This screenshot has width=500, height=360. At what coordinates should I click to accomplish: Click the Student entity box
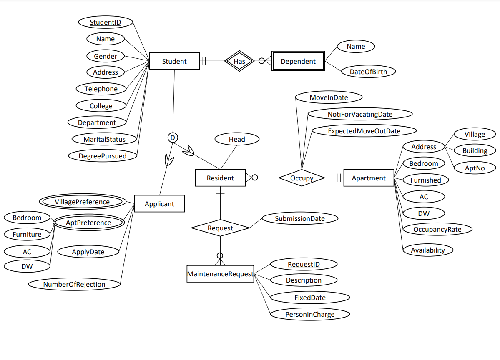pyautogui.click(x=174, y=61)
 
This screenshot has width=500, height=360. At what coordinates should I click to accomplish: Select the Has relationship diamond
pyautogui.click(x=239, y=61)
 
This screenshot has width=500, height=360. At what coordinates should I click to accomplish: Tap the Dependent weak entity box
pyautogui.click(x=298, y=61)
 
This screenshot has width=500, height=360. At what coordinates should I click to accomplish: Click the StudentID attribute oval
pyautogui.click(x=106, y=22)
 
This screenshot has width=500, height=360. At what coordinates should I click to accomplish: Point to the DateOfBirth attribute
pyautogui.click(x=368, y=72)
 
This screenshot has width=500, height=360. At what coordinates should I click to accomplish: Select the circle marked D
pyautogui.click(x=172, y=137)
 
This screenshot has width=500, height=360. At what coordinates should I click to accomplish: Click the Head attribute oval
pyautogui.click(x=237, y=139)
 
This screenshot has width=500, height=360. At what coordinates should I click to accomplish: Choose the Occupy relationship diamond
pyautogui.click(x=302, y=178)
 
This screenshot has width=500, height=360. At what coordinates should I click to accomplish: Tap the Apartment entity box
pyautogui.click(x=369, y=178)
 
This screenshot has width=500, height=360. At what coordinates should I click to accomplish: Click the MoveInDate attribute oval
pyautogui.click(x=329, y=97)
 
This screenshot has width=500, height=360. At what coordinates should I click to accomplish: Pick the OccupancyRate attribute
pyautogui.click(x=437, y=229)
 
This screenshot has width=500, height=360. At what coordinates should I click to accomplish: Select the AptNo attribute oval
pyautogui.click(x=475, y=168)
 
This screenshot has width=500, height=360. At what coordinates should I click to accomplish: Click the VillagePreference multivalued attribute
pyautogui.click(x=82, y=202)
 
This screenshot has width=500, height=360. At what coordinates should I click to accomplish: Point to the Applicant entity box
pyautogui.click(x=159, y=204)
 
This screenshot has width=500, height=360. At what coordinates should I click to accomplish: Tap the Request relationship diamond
pyautogui.click(x=220, y=228)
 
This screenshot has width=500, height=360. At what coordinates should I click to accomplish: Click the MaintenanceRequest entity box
pyautogui.click(x=220, y=274)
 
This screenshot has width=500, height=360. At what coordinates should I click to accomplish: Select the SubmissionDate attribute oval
pyautogui.click(x=299, y=218)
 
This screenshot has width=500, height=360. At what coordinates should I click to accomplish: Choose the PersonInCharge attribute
pyautogui.click(x=309, y=314)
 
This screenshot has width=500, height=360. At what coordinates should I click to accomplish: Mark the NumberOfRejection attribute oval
pyautogui.click(x=74, y=284)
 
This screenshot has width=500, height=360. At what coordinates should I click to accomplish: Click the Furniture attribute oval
pyautogui.click(x=27, y=234)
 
